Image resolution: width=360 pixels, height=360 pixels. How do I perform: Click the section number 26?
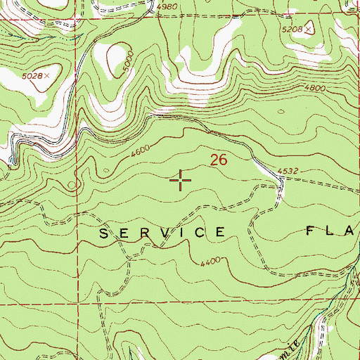point(219,160)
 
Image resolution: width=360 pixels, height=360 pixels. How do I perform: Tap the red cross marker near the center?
point(181,181)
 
